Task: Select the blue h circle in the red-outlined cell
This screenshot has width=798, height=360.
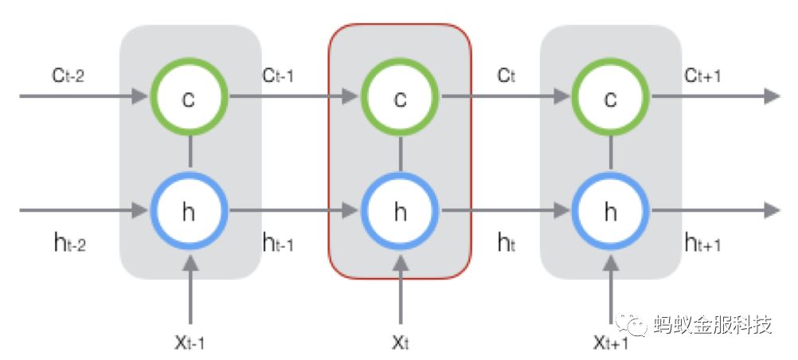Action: (x=401, y=211)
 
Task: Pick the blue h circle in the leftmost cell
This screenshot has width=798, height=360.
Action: (x=190, y=211)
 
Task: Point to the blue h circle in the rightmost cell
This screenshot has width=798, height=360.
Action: (x=611, y=211)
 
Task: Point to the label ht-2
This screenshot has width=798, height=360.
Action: (x=67, y=244)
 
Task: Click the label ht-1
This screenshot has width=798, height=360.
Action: (x=278, y=244)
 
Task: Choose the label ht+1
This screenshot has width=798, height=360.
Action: (x=702, y=244)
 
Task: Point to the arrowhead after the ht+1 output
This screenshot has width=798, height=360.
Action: (x=770, y=211)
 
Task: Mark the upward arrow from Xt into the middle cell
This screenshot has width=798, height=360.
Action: (x=401, y=295)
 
